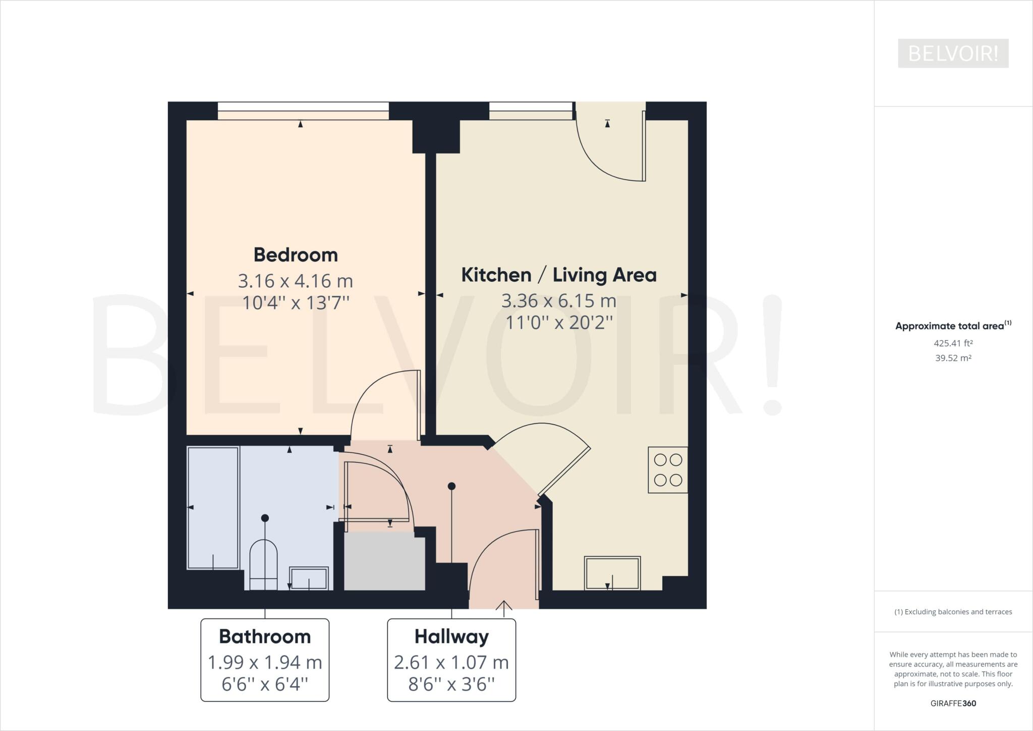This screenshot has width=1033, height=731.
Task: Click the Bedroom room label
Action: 296,254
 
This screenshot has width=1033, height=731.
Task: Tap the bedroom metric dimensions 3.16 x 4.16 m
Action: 296,281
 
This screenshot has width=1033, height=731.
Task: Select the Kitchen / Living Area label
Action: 559,275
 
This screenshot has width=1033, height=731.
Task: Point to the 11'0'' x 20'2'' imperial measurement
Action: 559,322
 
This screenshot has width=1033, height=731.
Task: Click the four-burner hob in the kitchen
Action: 668,469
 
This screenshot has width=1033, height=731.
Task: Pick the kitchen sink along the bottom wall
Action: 612,572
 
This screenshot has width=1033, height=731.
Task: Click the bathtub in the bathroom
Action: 213,507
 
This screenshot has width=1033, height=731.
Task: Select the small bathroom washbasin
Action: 309,578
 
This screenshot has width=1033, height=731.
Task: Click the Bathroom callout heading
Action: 265,637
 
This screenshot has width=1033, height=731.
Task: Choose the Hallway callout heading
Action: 451,637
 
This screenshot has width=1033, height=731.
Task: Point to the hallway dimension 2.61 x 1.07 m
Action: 451,662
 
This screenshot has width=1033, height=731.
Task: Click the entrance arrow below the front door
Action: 504,608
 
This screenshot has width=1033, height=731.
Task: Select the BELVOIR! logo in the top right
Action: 953,53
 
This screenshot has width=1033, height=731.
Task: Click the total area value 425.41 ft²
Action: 953,343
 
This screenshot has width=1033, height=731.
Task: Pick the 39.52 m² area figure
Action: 953,358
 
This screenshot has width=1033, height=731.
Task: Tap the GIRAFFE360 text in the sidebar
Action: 953,703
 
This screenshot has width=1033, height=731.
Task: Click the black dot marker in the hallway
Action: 452,486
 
